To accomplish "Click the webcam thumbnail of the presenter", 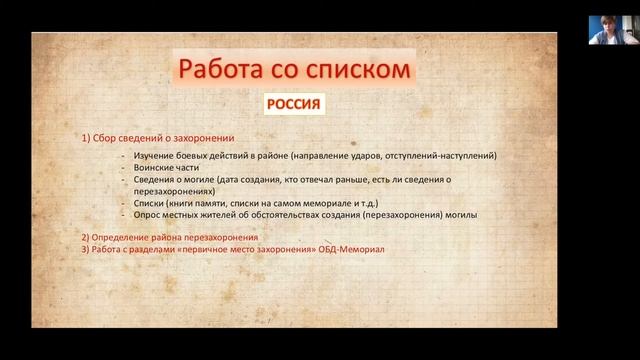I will point(606,30).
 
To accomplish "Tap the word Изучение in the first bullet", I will point(150,156).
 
